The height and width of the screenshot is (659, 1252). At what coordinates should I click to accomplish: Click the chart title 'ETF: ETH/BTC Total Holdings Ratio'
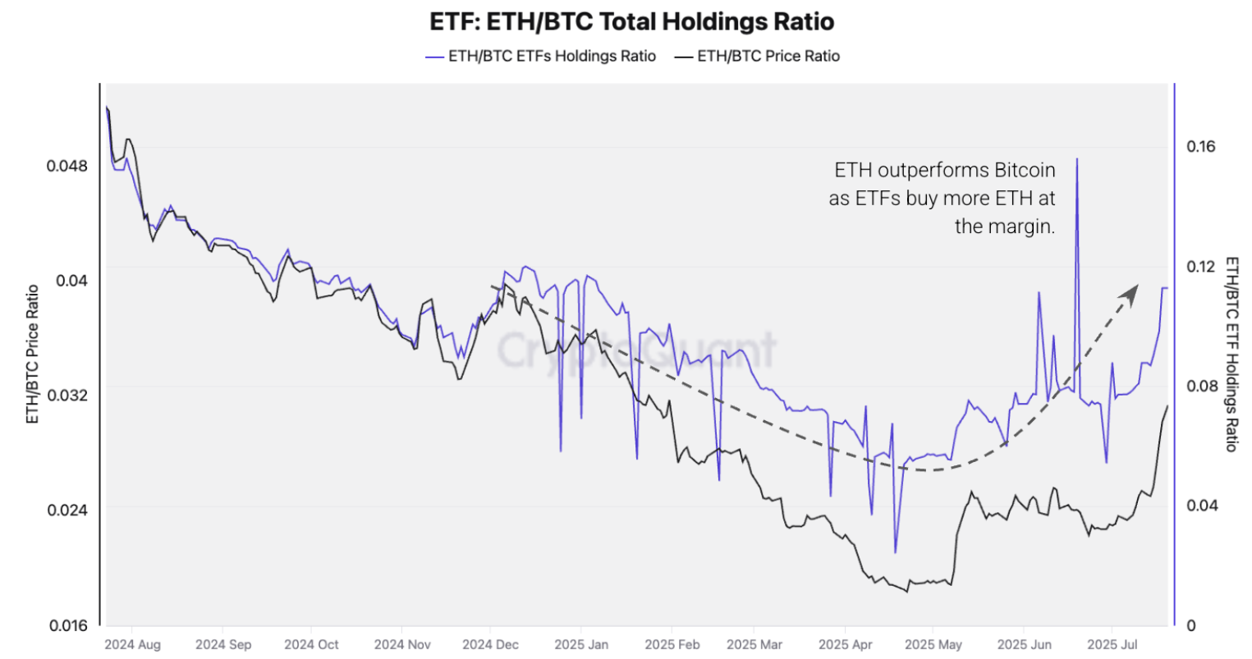[x=631, y=21]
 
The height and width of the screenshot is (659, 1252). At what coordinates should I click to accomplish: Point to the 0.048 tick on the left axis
[x=66, y=165]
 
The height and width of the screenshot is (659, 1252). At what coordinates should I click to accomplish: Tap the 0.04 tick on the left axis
[x=71, y=280]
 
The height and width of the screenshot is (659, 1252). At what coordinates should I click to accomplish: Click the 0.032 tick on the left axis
[x=66, y=394]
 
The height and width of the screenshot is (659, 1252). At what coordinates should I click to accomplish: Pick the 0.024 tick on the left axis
[x=66, y=509]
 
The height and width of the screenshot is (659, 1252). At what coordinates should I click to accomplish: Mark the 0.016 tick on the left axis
[x=66, y=625]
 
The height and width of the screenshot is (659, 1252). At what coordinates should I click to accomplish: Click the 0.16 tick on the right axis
[x=1200, y=146]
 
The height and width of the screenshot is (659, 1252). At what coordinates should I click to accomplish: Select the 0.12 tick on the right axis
[x=1200, y=266]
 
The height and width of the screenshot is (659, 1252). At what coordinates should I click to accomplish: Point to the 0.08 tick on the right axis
[x=1200, y=386]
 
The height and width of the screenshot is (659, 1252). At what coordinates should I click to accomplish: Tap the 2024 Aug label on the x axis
[x=132, y=644]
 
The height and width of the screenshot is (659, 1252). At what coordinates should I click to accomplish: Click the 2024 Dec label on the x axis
[x=490, y=644]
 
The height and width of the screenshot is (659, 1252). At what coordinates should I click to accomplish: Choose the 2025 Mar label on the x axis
[x=754, y=644]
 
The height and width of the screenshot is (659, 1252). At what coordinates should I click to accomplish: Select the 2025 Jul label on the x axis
[x=1112, y=644]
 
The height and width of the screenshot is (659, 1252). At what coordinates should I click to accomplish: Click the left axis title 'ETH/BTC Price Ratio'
[x=33, y=354]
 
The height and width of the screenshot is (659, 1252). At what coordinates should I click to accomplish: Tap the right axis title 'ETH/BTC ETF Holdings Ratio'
[x=1231, y=354]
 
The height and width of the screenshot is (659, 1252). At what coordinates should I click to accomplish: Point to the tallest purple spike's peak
[x=1076, y=159]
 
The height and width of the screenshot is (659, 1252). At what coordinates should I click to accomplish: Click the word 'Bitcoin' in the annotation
[x=1025, y=170]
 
